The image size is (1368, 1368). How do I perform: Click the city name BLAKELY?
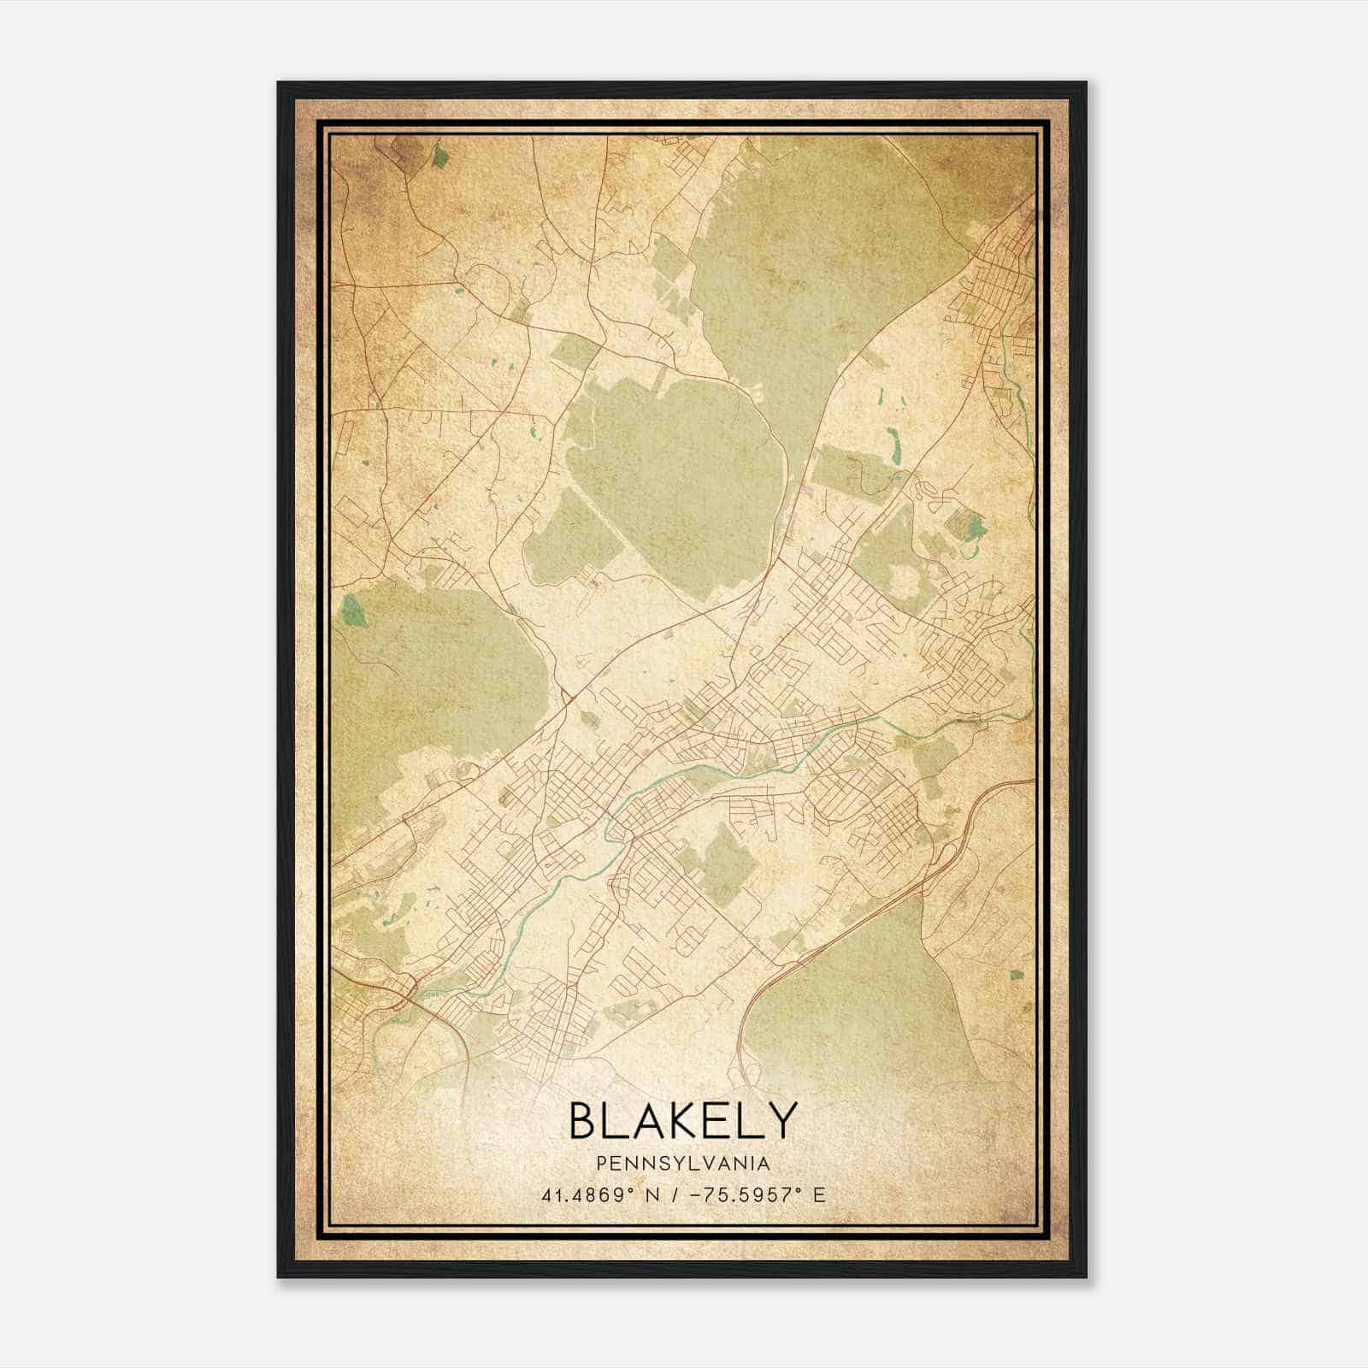click(x=682, y=1120)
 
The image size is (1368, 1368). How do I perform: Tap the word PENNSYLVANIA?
click(x=682, y=1164)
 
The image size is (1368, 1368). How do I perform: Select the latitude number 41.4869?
click(x=581, y=1194)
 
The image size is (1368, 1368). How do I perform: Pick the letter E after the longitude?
click(x=818, y=1194)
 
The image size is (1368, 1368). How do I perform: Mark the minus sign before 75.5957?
click(x=699, y=1194)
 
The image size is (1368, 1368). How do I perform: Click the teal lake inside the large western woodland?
click(x=352, y=610)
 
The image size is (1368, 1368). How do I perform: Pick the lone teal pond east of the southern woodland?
click(x=1017, y=975)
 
